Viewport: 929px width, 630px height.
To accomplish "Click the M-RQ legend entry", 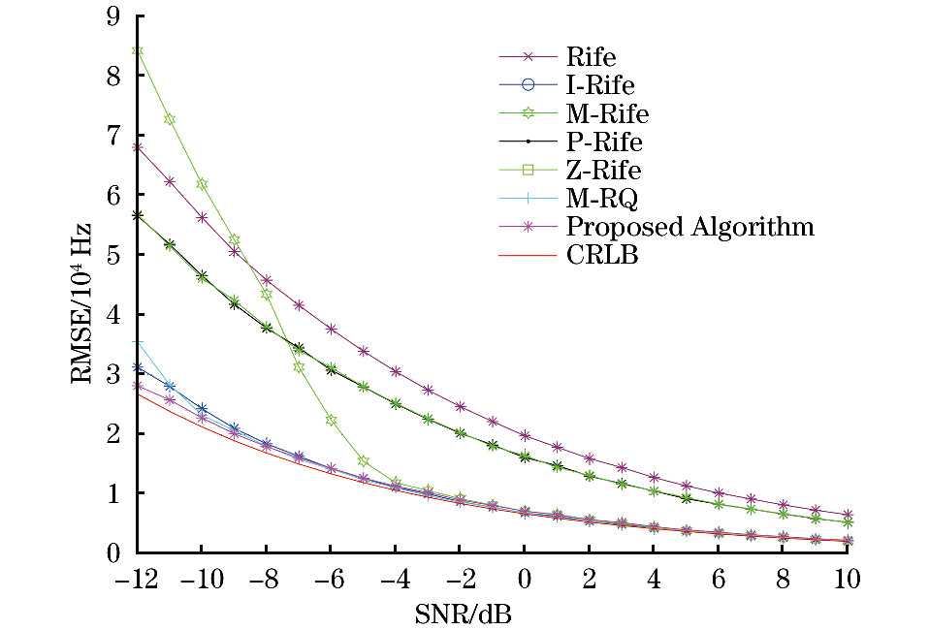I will [599, 199].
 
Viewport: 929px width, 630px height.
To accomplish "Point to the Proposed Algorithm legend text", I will [689, 228].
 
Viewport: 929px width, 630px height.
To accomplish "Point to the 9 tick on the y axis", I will [113, 16].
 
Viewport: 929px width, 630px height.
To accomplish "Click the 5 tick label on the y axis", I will [113, 255].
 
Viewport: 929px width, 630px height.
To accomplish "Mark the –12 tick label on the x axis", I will [137, 581].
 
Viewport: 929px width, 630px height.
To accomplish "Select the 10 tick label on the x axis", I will [847, 581].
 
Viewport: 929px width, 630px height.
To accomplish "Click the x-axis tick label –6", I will [331, 581].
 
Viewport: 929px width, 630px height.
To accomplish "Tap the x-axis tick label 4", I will [653, 581].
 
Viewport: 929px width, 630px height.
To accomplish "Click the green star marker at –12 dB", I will [138, 51].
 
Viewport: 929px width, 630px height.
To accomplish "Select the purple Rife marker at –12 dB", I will [138, 147].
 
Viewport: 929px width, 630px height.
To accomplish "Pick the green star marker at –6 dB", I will [331, 420].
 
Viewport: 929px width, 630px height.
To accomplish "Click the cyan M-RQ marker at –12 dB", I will [138, 342].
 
